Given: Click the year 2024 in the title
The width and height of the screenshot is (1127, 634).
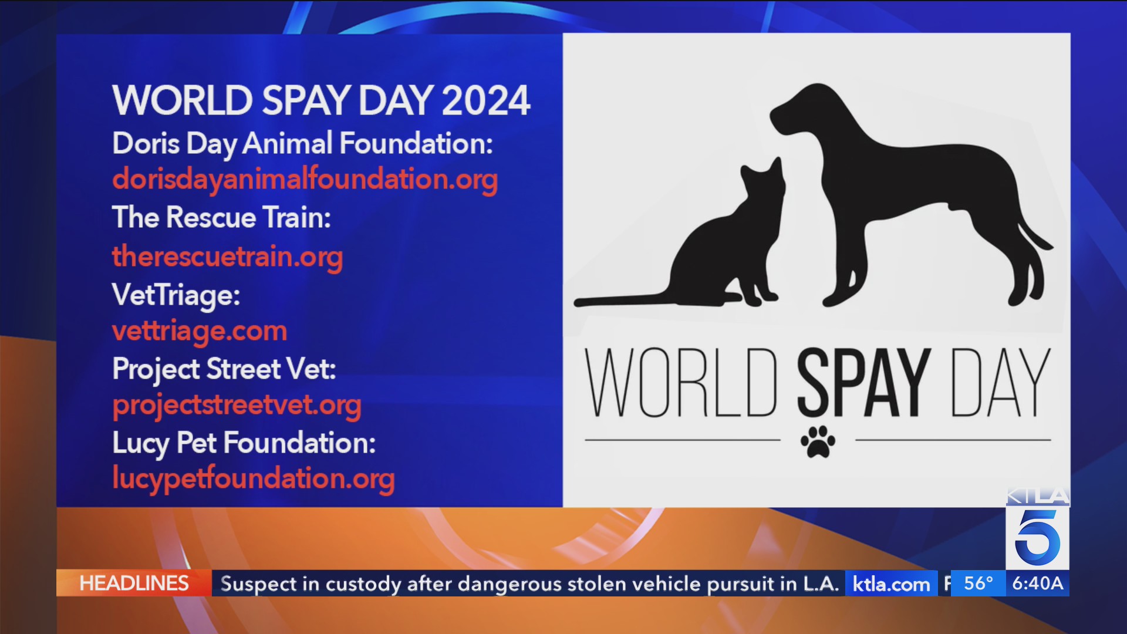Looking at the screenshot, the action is [x=486, y=100].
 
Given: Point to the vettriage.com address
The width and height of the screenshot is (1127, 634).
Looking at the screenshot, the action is [x=200, y=331].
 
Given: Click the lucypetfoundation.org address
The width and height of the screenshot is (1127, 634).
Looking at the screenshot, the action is [x=253, y=479].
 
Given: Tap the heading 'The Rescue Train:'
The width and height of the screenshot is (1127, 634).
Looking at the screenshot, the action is [x=221, y=218].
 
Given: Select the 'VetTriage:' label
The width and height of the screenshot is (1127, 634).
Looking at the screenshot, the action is [x=176, y=295].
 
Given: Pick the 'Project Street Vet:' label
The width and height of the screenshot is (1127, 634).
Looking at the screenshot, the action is [x=224, y=369].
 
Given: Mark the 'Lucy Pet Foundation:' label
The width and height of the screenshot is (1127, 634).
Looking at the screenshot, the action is [x=244, y=443].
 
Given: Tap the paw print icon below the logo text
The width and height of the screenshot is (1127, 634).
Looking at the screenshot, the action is [x=818, y=441].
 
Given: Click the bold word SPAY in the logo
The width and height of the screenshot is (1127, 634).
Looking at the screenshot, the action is [x=863, y=382].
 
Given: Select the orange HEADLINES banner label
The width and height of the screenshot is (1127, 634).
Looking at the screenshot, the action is [x=134, y=584].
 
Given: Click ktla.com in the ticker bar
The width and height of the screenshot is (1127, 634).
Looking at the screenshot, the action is [x=891, y=584].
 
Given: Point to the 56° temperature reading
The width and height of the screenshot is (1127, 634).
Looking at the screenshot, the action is [x=978, y=583].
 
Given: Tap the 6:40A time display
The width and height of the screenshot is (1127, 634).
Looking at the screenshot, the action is [x=1038, y=583].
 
